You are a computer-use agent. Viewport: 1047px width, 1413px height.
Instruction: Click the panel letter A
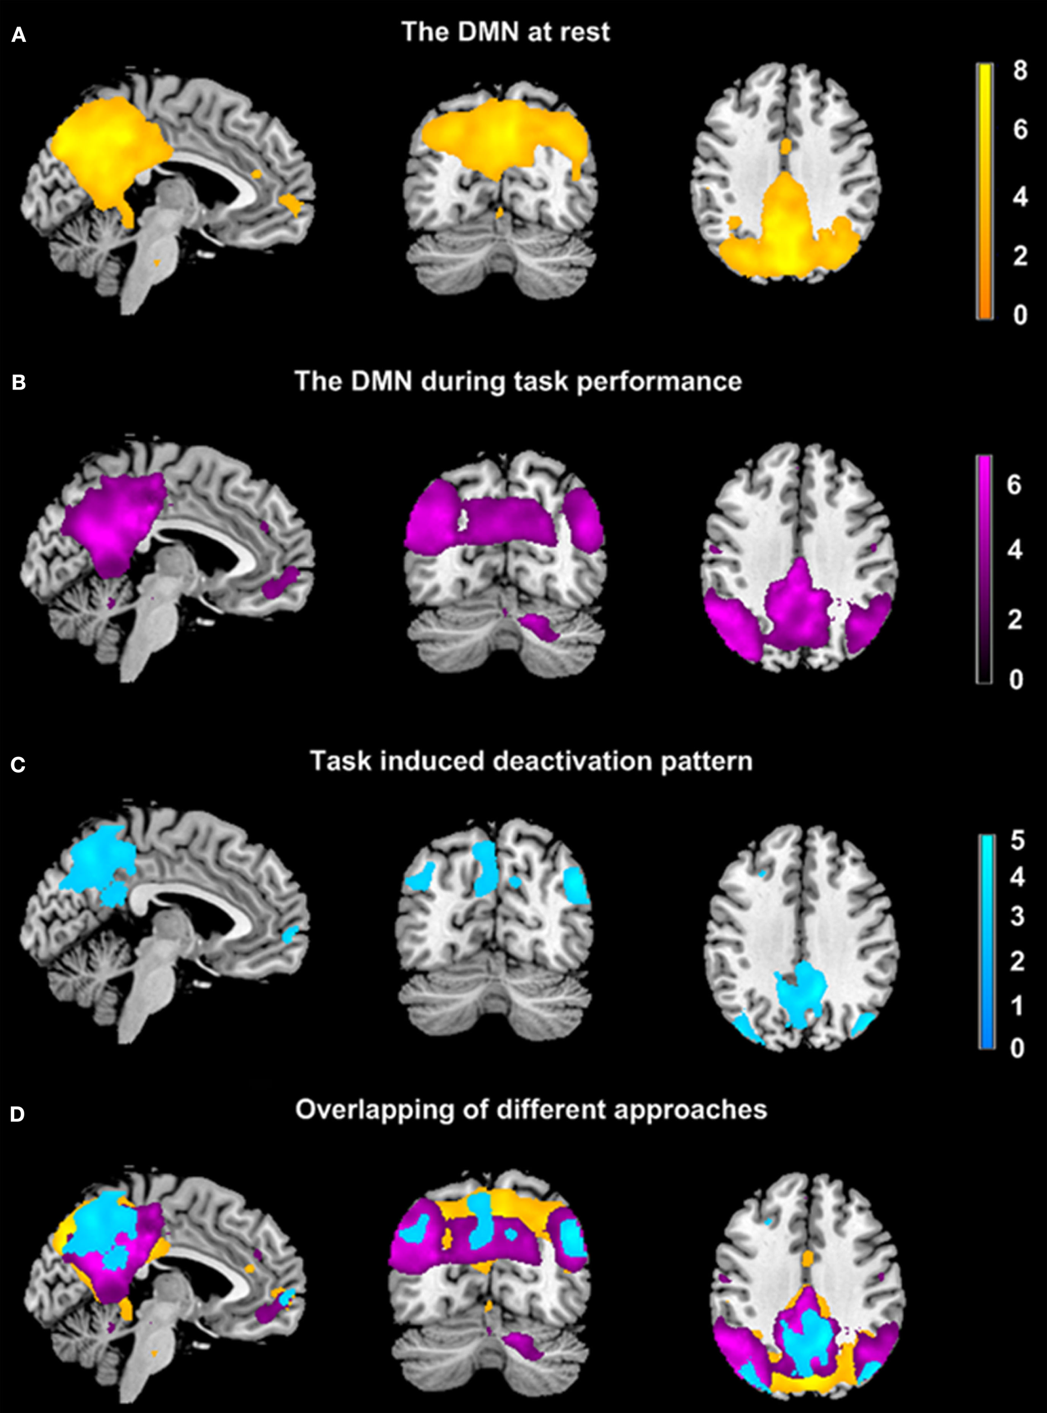[19, 36]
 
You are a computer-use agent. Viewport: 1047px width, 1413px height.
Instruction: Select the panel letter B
[19, 383]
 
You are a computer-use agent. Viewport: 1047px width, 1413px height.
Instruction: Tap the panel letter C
[19, 765]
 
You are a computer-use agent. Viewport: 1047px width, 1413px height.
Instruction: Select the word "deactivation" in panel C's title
[572, 761]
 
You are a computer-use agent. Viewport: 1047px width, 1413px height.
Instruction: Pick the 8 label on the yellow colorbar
[1020, 70]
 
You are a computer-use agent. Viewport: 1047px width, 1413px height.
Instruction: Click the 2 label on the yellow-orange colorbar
[1020, 255]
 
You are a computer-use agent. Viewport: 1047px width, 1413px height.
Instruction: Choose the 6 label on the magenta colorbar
[1014, 485]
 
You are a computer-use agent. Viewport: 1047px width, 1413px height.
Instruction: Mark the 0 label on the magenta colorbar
[1015, 679]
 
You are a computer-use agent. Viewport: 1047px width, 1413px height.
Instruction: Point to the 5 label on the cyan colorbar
[1017, 841]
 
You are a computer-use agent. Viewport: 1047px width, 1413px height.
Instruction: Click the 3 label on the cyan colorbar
[1017, 916]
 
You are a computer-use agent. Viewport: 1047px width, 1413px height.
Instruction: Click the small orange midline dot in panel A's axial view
[786, 146]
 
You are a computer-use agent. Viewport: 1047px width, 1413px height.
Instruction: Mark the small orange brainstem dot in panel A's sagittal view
[157, 261]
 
